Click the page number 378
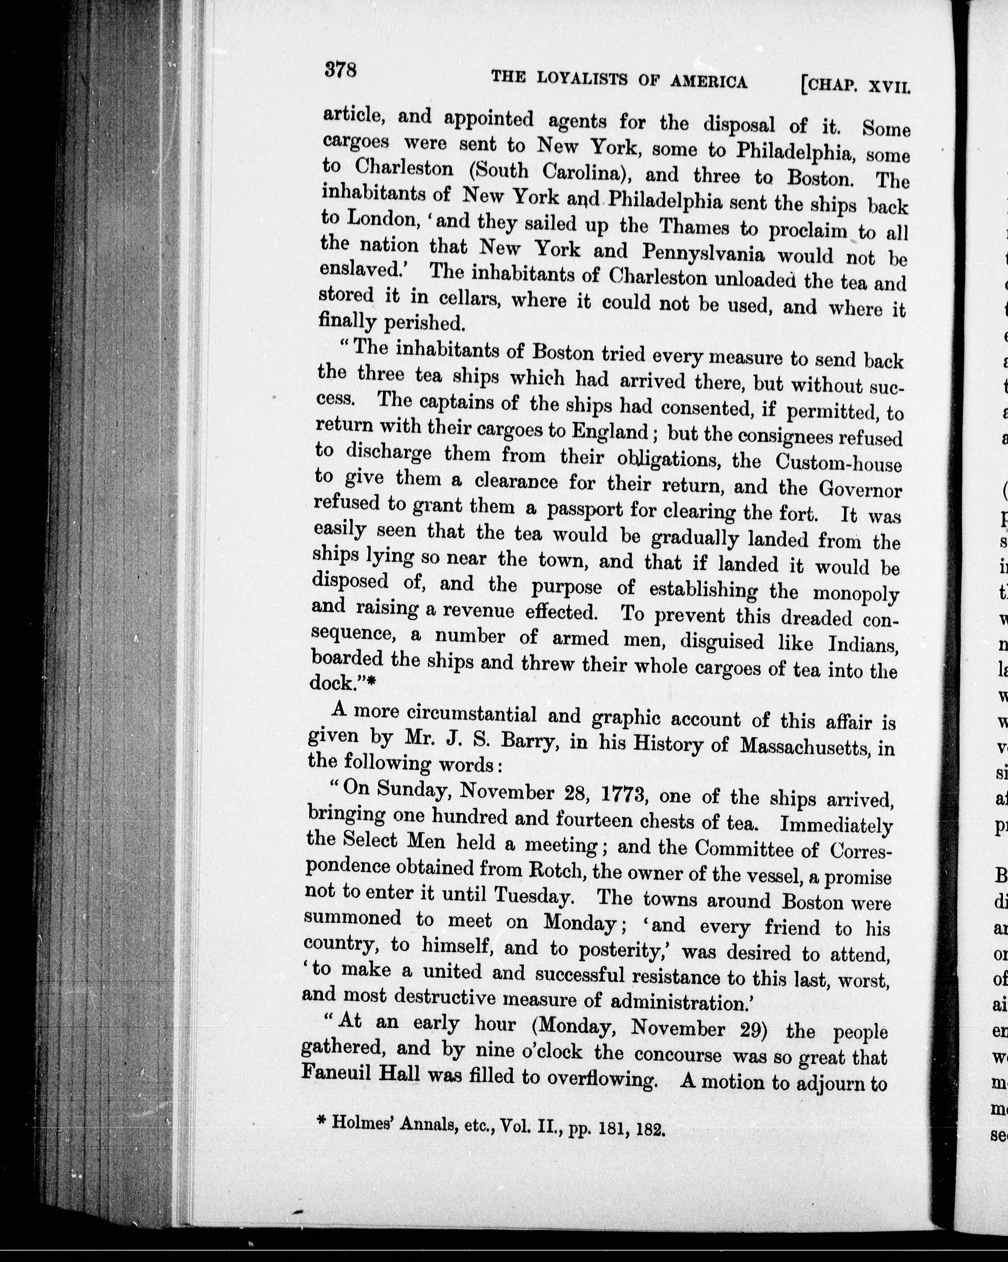click(340, 70)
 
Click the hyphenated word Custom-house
click(838, 463)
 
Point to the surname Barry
click(512, 742)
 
